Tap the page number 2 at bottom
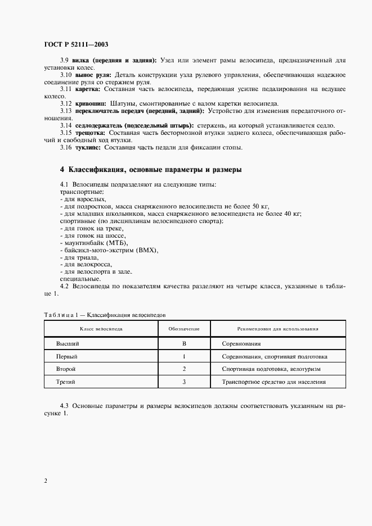coord(45,480)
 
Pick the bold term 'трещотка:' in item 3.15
coord(89,133)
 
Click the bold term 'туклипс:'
coord(88,147)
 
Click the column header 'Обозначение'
coord(184,328)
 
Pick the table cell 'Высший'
coord(67,343)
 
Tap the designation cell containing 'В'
coord(184,343)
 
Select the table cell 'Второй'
coord(66,369)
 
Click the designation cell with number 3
coord(184,382)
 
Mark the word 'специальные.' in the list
coord(80,279)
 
